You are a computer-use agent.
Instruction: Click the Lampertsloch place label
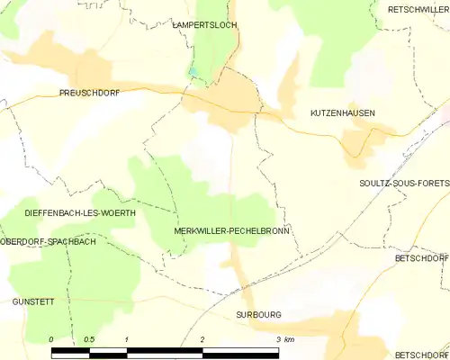click(204, 25)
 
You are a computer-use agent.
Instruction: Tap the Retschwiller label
click(418, 9)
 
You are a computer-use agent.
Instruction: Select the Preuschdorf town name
click(89, 93)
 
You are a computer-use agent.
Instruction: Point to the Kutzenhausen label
click(342, 113)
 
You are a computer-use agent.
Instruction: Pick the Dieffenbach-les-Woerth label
click(81, 213)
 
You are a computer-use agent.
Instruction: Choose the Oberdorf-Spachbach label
click(49, 242)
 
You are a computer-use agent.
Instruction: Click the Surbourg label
click(258, 315)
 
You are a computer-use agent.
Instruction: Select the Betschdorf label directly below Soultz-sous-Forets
click(421, 257)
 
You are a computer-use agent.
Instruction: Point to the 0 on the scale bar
click(52, 339)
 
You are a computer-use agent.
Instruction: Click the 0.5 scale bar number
click(89, 339)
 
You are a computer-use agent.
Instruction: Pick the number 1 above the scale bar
click(128, 339)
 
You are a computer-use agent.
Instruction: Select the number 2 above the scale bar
click(203, 339)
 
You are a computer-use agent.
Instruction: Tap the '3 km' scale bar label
click(283, 339)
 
